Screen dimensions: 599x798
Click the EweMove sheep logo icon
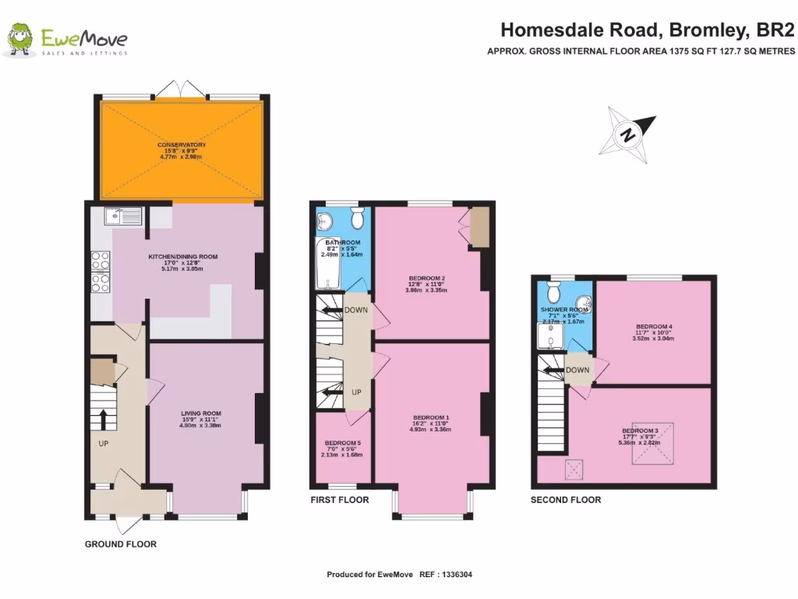20,39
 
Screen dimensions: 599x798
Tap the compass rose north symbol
627,135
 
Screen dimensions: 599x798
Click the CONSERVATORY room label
181,145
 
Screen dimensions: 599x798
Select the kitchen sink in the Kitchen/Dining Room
126,216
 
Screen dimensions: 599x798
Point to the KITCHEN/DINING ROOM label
183,257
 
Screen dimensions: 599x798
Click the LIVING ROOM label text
201,413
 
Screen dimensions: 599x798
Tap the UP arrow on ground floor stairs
102,418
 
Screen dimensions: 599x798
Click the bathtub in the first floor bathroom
323,272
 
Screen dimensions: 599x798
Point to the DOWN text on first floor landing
357,310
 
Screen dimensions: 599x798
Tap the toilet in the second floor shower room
554,292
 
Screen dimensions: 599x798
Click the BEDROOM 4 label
653,326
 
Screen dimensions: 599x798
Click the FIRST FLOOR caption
339,500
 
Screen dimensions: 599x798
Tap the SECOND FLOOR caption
566,500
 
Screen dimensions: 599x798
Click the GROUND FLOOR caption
121,544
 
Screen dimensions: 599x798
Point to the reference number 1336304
456,575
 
